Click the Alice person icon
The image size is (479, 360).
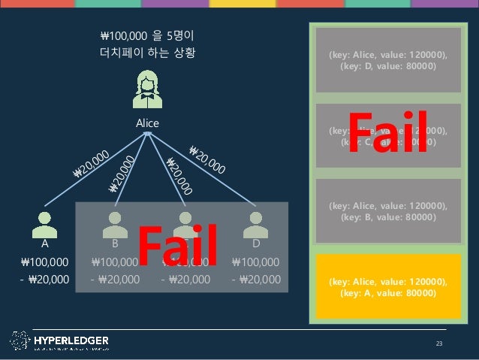pyautogui.click(x=147, y=89)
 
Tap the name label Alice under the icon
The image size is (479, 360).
pyautogui.click(x=147, y=123)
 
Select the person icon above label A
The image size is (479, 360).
pyautogui.click(x=45, y=223)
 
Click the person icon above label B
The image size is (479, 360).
pyautogui.click(x=115, y=223)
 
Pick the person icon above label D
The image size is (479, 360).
pyautogui.click(x=256, y=223)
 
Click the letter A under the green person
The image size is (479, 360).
pyautogui.click(x=45, y=244)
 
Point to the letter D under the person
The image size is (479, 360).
pyautogui.click(x=256, y=244)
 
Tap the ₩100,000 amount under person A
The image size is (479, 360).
pyautogui.click(x=45, y=262)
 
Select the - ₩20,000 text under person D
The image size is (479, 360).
pyautogui.click(x=256, y=280)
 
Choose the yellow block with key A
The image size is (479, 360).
pyautogui.click(x=387, y=286)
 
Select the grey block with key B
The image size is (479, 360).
pyautogui.click(x=387, y=211)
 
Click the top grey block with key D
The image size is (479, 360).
pyautogui.click(x=387, y=60)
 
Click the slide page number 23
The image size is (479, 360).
pyautogui.click(x=440, y=343)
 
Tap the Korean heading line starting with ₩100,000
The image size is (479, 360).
pyautogui.click(x=148, y=35)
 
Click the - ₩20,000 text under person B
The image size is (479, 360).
pyautogui.click(x=115, y=280)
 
